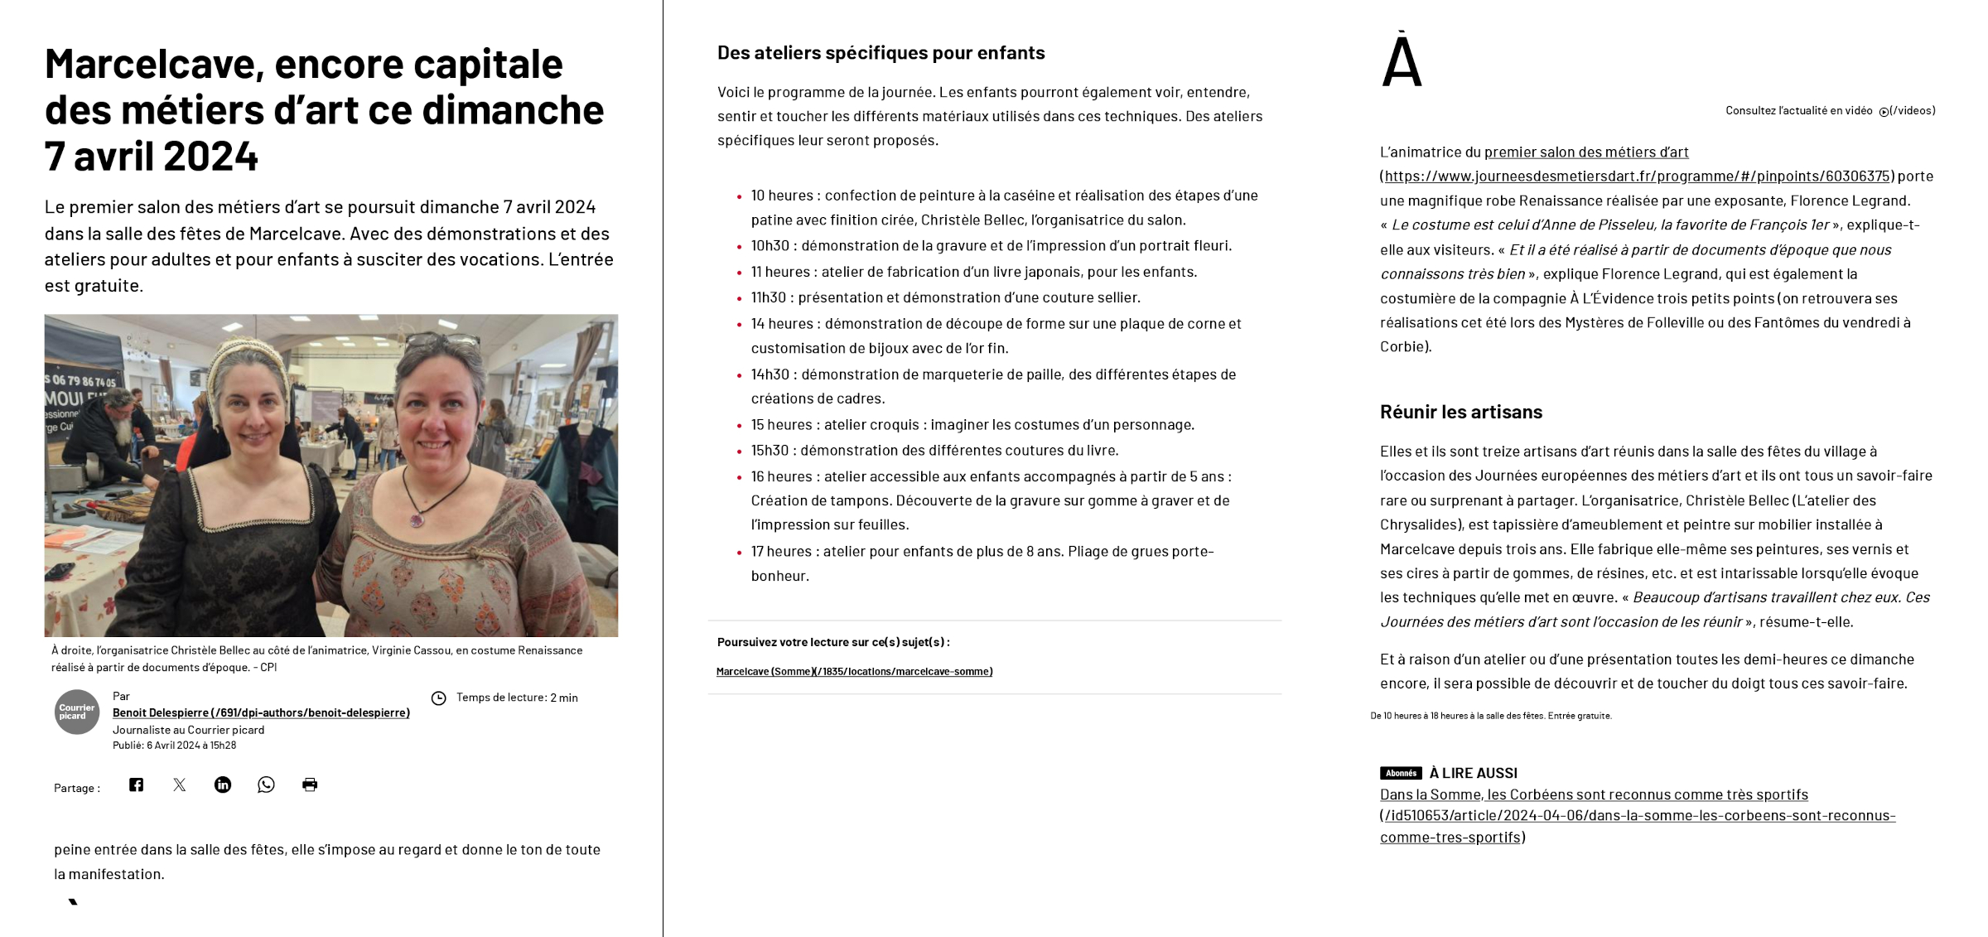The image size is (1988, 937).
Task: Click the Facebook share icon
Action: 137,785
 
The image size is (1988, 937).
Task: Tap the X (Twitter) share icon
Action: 180,785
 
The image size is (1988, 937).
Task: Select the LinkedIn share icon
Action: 223,785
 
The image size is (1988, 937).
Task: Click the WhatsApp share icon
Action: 266,785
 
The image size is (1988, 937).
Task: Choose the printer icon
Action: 310,785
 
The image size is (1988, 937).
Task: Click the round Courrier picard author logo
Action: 77,712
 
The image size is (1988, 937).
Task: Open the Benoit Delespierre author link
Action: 261,712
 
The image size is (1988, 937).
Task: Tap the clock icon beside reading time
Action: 439,698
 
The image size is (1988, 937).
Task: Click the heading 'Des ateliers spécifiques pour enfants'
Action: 881,53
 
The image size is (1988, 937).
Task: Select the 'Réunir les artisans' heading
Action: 1460,412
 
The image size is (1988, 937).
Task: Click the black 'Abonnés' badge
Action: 1400,773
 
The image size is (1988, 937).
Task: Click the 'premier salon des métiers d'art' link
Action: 1585,152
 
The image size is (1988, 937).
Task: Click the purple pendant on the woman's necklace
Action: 417,520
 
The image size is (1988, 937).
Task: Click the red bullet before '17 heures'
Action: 739,553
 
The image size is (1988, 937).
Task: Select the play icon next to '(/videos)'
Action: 1884,112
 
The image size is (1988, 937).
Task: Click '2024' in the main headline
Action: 210,156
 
